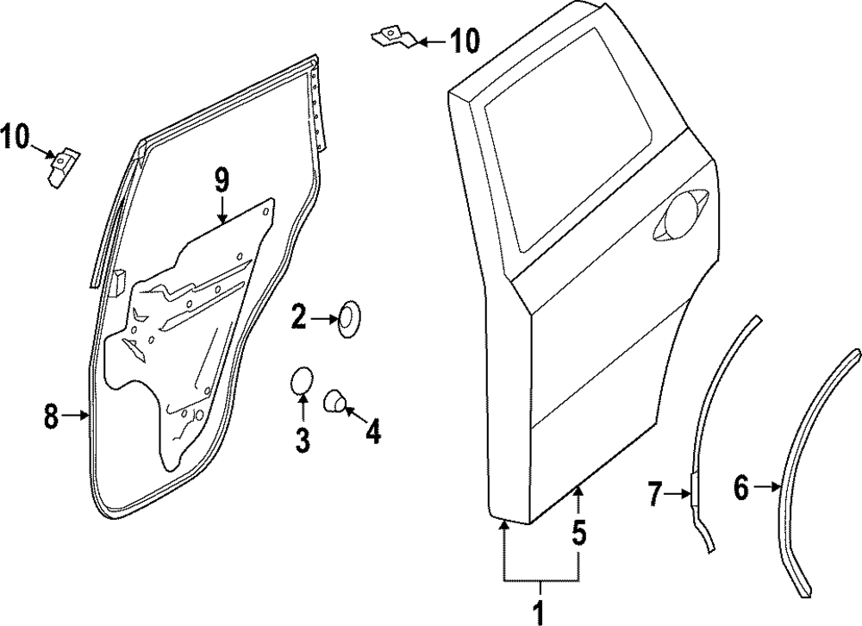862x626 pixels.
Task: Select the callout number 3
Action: click(303, 440)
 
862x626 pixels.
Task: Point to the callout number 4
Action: click(372, 431)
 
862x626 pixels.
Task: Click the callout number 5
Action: click(578, 534)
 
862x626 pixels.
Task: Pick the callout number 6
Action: click(741, 488)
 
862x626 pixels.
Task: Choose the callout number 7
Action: click(655, 495)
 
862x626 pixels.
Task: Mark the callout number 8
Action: click(52, 416)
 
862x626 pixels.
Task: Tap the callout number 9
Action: click(222, 180)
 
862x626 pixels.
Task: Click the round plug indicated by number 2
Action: click(349, 319)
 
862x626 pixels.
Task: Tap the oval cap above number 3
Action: click(301, 381)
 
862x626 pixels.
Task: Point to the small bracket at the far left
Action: click(61, 165)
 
